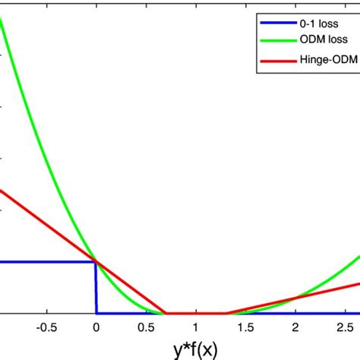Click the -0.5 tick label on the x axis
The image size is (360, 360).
[x=46, y=329]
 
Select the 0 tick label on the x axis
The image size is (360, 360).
[x=96, y=329]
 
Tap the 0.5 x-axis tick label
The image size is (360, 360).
[x=145, y=329]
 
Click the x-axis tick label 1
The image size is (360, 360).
[x=195, y=329]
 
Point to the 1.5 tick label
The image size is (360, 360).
[x=245, y=329]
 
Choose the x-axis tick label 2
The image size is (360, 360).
[x=295, y=329]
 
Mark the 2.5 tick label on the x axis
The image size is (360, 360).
[x=344, y=329]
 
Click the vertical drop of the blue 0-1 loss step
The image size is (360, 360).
[x=96, y=289]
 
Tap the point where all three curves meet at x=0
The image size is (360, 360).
[x=95, y=262]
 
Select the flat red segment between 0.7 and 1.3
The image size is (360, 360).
[x=195, y=313]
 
